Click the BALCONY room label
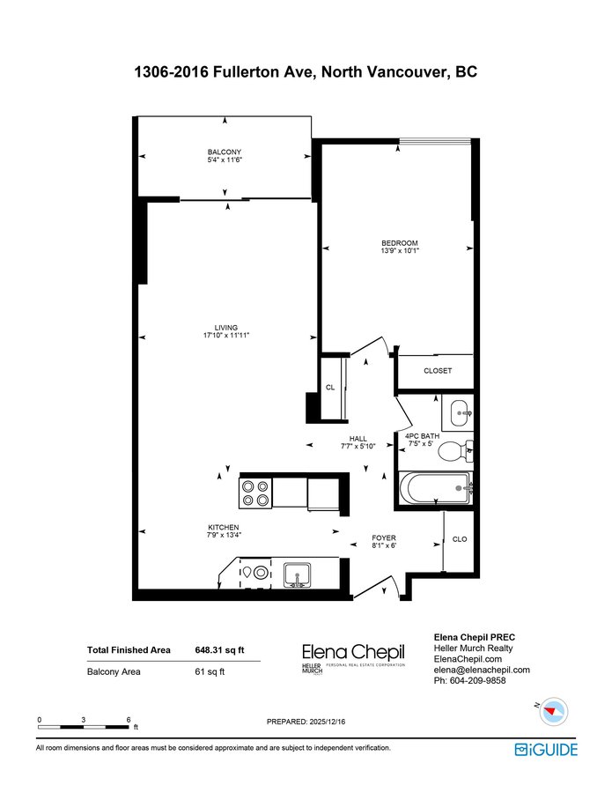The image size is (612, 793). click(x=225, y=152)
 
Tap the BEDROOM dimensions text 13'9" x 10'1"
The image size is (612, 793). click(x=400, y=250)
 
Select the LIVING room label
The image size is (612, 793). click(x=226, y=328)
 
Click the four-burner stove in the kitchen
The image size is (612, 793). click(x=255, y=493)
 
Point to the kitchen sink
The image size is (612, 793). click(x=297, y=575)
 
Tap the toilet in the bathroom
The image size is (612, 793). click(x=455, y=451)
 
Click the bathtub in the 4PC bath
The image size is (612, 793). click(x=436, y=488)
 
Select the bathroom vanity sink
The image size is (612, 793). click(x=458, y=412)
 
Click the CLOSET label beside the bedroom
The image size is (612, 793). click(x=438, y=371)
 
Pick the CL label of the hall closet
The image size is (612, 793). click(x=330, y=388)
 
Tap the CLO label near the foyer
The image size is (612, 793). click(x=460, y=539)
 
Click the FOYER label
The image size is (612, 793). click(x=384, y=537)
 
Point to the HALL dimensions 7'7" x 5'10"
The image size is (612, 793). click(x=358, y=447)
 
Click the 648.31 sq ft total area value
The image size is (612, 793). click(x=219, y=650)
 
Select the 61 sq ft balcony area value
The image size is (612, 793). click(x=210, y=671)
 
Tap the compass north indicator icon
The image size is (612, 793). click(x=553, y=710)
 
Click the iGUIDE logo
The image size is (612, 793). click(x=546, y=750)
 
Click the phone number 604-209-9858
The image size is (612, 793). click(x=477, y=681)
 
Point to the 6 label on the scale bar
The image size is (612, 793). click(x=129, y=720)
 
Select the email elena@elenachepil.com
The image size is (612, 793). click(x=482, y=670)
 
